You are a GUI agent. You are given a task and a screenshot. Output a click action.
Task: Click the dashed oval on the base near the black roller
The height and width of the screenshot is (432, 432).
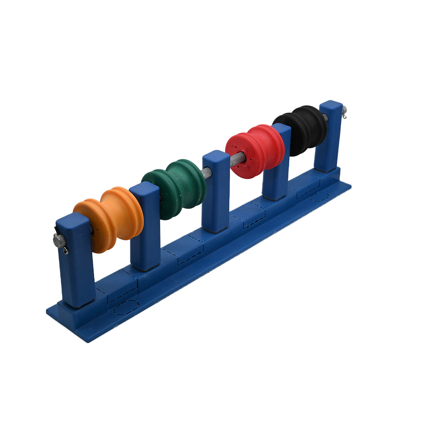tap(320, 196)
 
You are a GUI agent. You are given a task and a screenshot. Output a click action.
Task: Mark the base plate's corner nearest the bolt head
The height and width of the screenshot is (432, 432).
tap(47, 310)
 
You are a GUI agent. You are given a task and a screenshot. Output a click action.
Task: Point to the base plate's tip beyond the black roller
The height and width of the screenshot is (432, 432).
tap(350, 185)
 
